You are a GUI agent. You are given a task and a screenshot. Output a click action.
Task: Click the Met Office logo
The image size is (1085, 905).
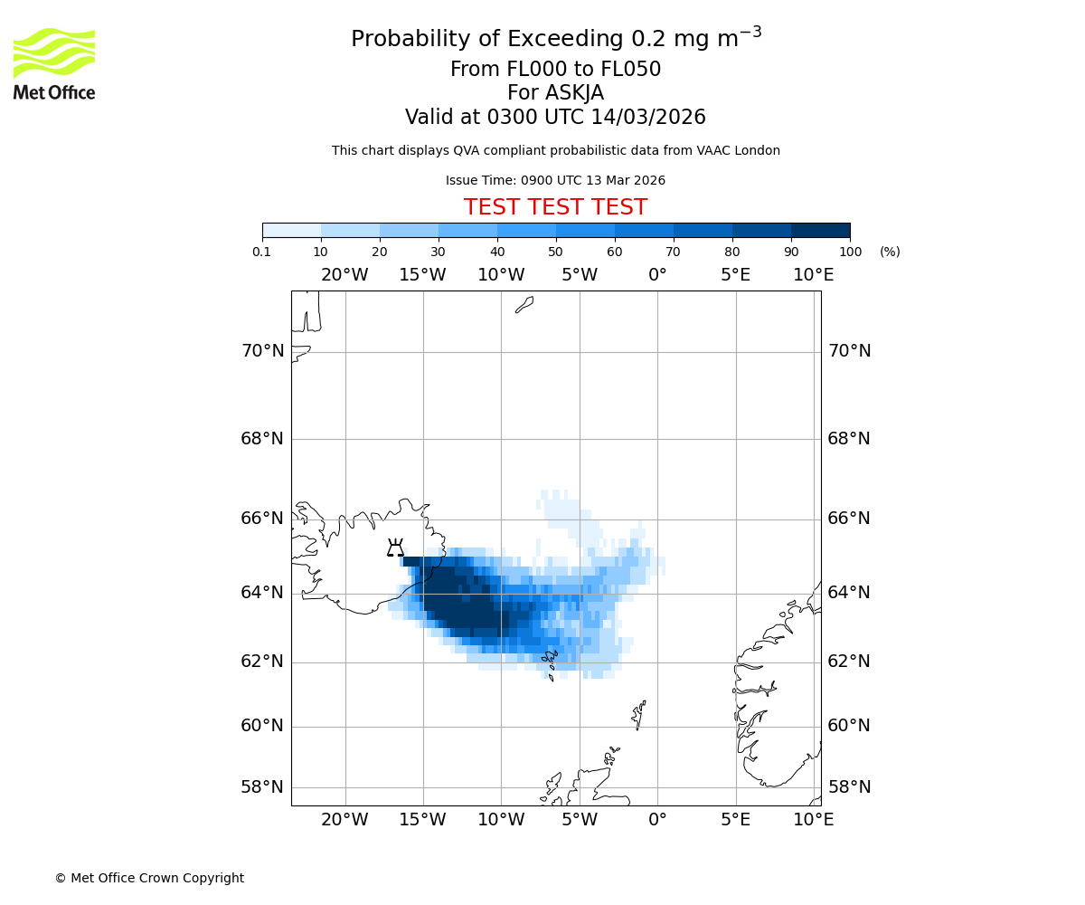coord(54,63)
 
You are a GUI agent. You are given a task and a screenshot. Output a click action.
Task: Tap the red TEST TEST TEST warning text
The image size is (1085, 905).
coord(555,207)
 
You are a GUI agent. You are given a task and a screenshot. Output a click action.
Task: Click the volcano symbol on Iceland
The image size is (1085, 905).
coord(395,548)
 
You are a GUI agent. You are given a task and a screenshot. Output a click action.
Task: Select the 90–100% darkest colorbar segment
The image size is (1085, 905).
coord(820,230)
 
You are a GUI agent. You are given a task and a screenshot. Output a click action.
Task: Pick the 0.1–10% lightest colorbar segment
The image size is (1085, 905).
coord(291,230)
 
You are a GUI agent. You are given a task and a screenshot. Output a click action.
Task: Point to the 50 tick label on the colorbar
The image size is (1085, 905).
coord(555,252)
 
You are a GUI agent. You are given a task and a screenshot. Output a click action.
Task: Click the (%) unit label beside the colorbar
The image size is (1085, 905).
coord(890,252)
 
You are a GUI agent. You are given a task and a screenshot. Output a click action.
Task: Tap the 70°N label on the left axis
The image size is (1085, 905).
coord(262,351)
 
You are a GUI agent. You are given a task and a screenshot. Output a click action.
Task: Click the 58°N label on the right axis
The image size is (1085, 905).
coord(849,787)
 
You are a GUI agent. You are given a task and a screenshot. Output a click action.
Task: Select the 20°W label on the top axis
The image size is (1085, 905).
coord(344,275)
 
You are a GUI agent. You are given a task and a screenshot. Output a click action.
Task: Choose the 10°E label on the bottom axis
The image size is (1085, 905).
coord(814,820)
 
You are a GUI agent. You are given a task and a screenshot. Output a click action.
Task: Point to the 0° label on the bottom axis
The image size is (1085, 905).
coord(657,820)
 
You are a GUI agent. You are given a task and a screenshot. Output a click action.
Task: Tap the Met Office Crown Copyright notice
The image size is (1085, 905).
coord(149,878)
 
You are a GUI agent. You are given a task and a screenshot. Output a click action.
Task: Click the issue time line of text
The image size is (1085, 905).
coord(555,180)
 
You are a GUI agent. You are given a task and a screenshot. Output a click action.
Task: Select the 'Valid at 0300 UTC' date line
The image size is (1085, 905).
coord(555,118)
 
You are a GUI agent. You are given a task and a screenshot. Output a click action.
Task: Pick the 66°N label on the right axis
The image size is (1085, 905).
coord(849,519)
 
